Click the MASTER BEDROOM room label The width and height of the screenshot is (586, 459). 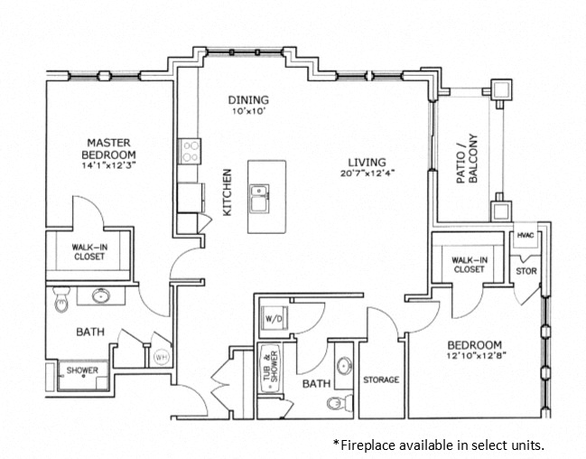point(110,148)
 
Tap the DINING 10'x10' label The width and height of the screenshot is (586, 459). point(247,105)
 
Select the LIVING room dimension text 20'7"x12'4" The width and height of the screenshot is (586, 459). point(368,173)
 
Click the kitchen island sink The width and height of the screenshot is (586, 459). point(261,192)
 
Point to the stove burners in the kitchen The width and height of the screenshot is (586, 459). point(191,150)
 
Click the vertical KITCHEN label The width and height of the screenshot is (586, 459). point(228,192)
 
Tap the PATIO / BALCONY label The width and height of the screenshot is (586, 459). point(466,161)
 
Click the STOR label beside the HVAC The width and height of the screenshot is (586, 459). point(526,270)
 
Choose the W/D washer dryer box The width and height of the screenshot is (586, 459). point(273,318)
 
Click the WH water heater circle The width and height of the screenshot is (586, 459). point(162,357)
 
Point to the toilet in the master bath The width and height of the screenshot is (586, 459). point(60,299)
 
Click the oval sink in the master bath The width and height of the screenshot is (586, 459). point(101,295)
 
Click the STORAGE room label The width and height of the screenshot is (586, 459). point(381,379)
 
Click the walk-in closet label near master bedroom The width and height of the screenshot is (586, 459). point(89,251)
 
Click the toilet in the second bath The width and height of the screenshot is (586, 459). point(336,402)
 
